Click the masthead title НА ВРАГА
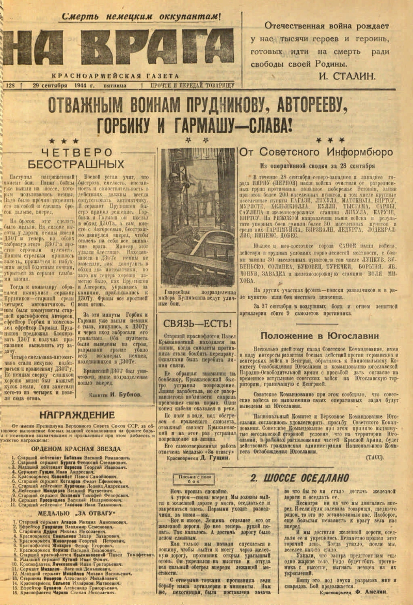pos(119,46)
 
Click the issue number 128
pos(10,85)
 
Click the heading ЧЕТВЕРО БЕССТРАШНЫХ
pos(76,158)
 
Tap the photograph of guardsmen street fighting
pos(198,217)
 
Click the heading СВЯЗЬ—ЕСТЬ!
pos(197,324)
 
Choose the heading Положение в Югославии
pos(319,336)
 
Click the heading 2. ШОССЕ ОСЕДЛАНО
pos(299,478)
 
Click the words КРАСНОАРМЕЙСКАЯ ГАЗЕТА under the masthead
pos(119,76)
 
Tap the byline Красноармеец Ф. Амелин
pos(354,592)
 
